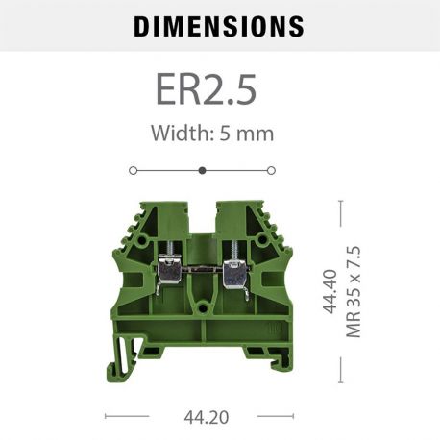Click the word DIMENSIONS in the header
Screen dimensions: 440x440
tap(219, 25)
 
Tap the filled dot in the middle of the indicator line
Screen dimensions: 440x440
tap(202, 170)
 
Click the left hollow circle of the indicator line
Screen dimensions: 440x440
tap(133, 170)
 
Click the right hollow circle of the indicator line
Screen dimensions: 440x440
tap(271, 170)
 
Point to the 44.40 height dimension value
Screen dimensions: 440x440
tap(330, 292)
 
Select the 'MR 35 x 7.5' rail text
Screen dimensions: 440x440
tap(353, 292)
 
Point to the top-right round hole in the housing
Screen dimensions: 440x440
tap(259, 221)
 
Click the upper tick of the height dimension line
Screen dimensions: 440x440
tap(340, 202)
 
